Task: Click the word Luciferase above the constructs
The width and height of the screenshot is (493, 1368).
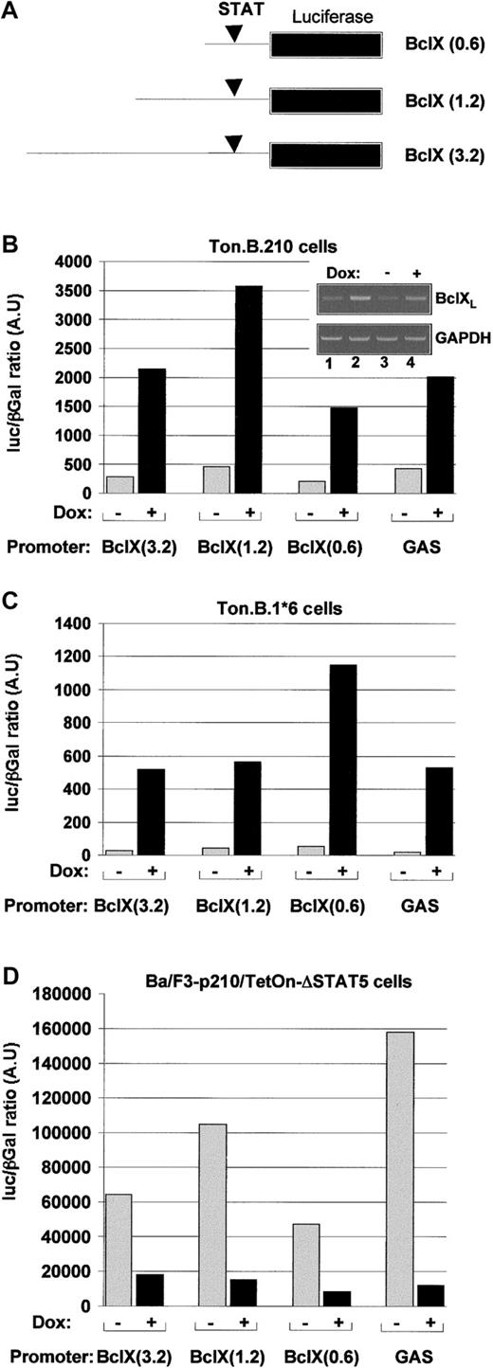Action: (x=326, y=17)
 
